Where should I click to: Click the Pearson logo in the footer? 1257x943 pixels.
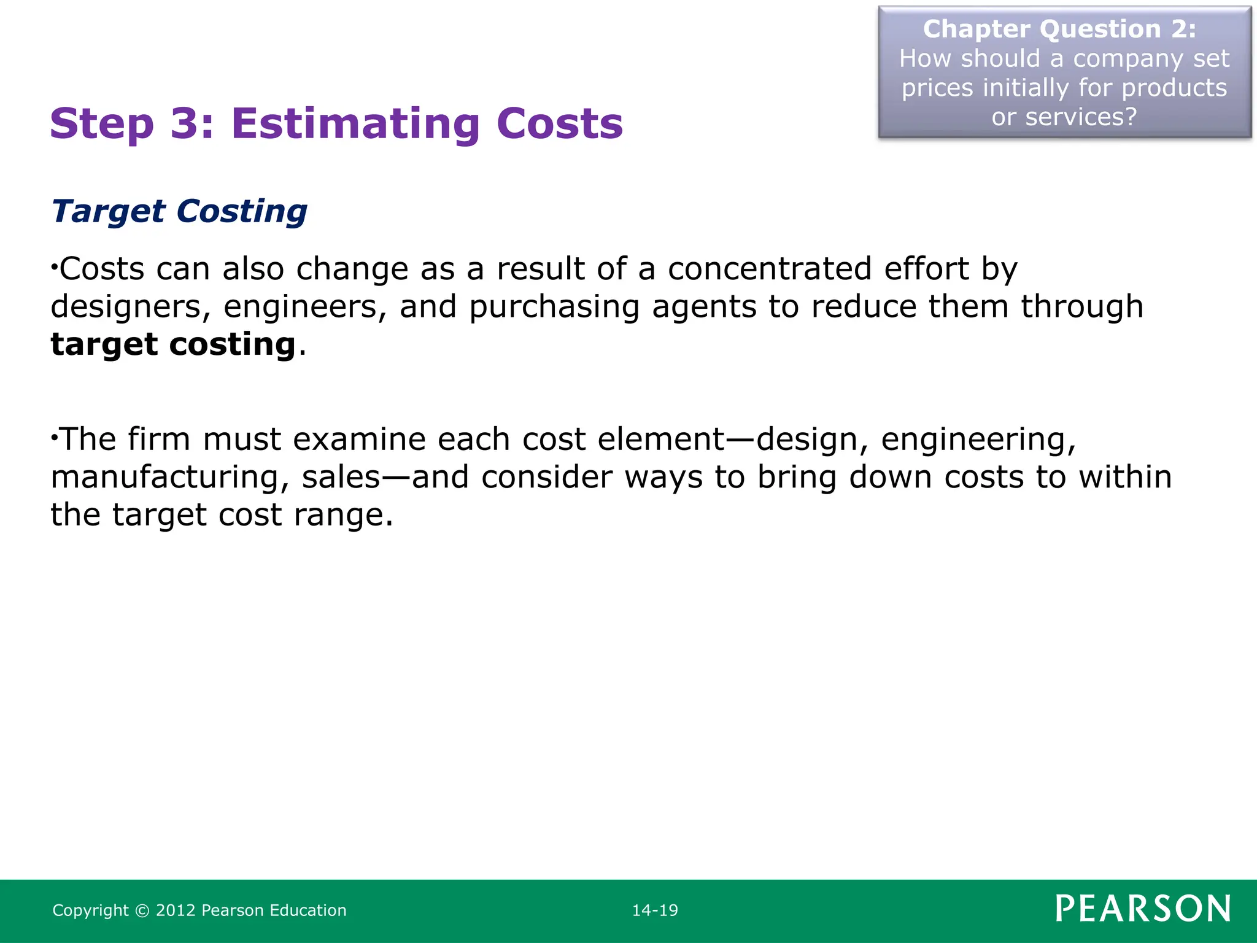tap(1143, 909)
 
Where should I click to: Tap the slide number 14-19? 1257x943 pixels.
tap(655, 910)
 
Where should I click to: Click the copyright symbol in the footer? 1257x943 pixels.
tap(142, 910)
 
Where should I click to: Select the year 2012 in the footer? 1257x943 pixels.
tap(176, 910)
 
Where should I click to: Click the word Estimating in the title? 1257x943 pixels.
tap(355, 124)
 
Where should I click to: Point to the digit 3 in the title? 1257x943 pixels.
tap(183, 124)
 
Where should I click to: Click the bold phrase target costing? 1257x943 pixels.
tap(173, 344)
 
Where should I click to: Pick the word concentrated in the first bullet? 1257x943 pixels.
tap(770, 269)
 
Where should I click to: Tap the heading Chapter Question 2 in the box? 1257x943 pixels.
tap(1059, 29)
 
